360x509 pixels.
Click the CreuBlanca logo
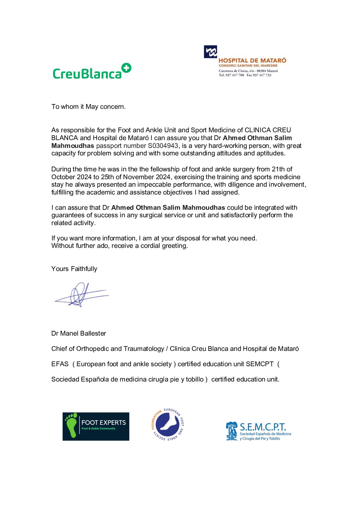[x=92, y=72]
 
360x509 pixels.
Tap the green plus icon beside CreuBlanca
[x=126, y=68]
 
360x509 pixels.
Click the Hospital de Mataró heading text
[x=252, y=61]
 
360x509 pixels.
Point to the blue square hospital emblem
[x=210, y=52]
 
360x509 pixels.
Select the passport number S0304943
[x=163, y=146]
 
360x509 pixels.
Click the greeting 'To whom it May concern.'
[x=88, y=107]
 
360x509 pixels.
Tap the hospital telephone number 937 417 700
[x=234, y=75]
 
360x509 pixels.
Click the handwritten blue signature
[x=81, y=295]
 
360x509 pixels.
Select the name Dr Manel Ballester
[x=79, y=334]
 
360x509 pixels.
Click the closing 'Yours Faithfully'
[x=74, y=269]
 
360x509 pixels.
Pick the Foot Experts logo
[x=96, y=426]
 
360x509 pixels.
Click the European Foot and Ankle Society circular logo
[x=167, y=424]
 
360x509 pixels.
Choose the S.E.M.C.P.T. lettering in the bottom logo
[x=263, y=427]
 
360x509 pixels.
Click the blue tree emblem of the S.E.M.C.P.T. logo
[x=232, y=431]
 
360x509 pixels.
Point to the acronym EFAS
[x=60, y=364]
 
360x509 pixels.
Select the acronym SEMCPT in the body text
[x=260, y=364]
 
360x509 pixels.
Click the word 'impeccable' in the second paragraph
[x=171, y=185]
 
